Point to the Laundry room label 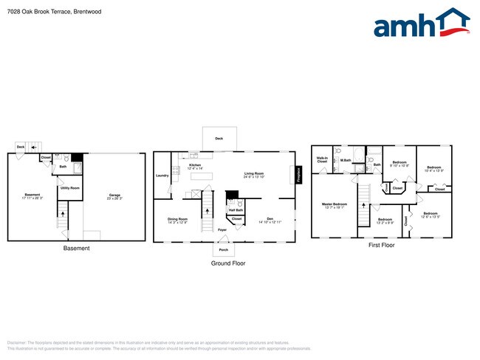tap(162, 176)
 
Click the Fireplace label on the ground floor tap(299, 175)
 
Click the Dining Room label tap(177, 220)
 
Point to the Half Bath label tap(236, 210)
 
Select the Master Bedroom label tap(335, 205)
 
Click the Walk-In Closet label tap(322, 159)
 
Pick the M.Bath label tap(345, 159)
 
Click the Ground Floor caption tap(228, 263)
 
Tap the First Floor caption tap(381, 245)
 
